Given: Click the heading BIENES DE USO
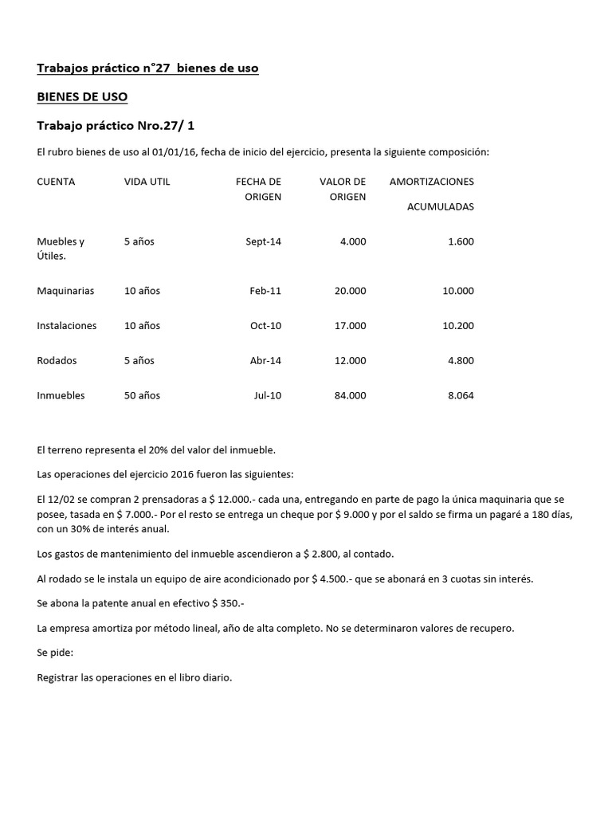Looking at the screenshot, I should coord(82,97).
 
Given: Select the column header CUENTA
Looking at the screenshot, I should coord(56,182).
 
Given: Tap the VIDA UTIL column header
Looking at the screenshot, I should coord(147,182).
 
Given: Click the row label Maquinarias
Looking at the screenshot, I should coord(65,291).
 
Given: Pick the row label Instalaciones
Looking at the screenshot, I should coord(67,326).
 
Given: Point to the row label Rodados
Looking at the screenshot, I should coord(57,361).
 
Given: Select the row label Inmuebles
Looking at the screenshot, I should coord(61,396).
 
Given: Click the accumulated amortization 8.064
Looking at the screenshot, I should coord(461,396).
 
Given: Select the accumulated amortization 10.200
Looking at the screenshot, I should coord(458,326).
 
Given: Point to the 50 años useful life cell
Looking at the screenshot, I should coord(142,396).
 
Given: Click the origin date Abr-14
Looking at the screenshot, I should coord(265,361).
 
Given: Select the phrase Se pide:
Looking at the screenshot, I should coord(55,653).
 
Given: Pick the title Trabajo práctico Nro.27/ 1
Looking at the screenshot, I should coord(122,126).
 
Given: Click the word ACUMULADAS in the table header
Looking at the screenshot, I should coord(441,206).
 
